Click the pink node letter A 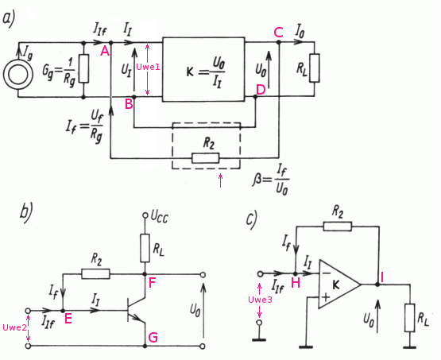pos(105,51)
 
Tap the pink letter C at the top pos(278,33)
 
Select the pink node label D pos(261,91)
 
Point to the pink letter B pos(129,104)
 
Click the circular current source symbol pos(18,75)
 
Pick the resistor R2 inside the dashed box pos(205,158)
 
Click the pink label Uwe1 pos(148,67)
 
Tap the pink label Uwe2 pos(14,327)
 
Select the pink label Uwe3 pos(260,300)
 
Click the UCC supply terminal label pos(160,217)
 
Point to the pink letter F pos(152,283)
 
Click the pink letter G pos(153,337)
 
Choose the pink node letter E pos(68,319)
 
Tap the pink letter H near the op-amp pos(296,283)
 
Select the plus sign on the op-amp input pos(326,297)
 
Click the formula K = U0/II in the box pos(206,72)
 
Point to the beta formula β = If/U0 pos(271,180)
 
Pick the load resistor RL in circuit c pos(410,317)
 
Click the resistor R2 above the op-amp pos(338,226)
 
